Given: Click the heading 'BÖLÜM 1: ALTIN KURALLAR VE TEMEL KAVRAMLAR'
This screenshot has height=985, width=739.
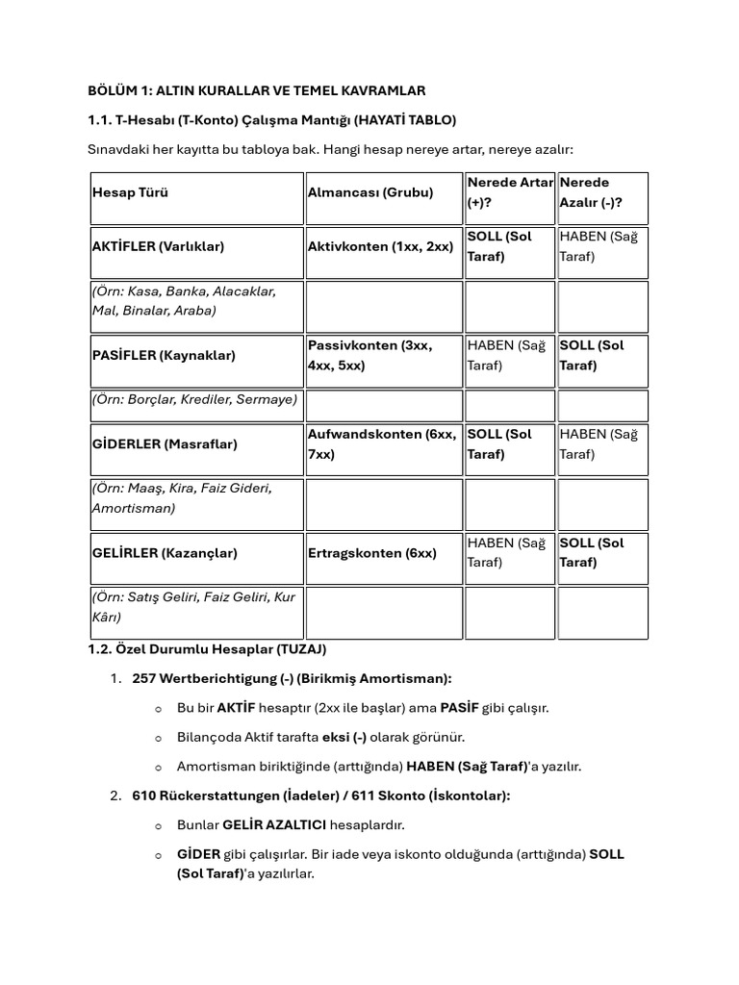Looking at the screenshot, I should pyautogui.click(x=256, y=89).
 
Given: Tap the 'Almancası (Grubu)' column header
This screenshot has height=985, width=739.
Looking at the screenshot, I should pyautogui.click(x=370, y=192).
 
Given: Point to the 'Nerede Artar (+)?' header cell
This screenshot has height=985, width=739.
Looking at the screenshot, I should pyautogui.click(x=509, y=192).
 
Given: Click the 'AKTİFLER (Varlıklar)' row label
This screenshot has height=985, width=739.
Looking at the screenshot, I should pyautogui.click(x=158, y=246).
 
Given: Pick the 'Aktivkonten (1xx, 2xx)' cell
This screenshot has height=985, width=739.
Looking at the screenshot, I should pyautogui.click(x=380, y=246).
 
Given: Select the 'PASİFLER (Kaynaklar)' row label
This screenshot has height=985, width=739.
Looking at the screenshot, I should pyautogui.click(x=164, y=355).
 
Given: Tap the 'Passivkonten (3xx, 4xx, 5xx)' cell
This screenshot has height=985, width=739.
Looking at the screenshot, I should pyautogui.click(x=370, y=355).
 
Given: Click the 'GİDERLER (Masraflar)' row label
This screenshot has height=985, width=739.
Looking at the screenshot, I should pyautogui.click(x=165, y=444).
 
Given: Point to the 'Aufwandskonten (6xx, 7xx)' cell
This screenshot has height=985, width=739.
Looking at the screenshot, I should pyautogui.click(x=382, y=444).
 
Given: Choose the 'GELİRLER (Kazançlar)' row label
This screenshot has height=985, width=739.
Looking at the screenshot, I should pyautogui.click(x=165, y=553).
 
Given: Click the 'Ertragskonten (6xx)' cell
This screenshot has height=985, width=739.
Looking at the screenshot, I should pyautogui.click(x=372, y=553).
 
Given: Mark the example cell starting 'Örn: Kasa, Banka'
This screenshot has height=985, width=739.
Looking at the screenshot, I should pyautogui.click(x=184, y=300).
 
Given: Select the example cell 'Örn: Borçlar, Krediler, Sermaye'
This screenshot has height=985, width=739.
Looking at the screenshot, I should pyautogui.click(x=195, y=398).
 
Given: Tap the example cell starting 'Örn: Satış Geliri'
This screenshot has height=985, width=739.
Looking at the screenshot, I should pyautogui.click(x=192, y=607).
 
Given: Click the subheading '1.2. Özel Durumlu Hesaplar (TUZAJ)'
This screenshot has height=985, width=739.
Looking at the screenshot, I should pyautogui.click(x=207, y=649).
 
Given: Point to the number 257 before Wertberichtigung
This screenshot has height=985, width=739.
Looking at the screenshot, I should pyautogui.click(x=143, y=679).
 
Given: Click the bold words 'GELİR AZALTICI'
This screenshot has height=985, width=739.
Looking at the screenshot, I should pyautogui.click(x=273, y=825).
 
